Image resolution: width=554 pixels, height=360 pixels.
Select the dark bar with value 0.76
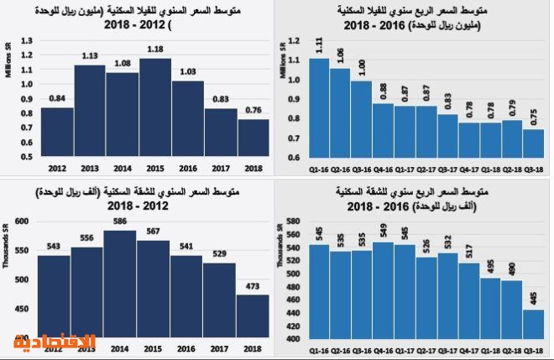click(x=253, y=138)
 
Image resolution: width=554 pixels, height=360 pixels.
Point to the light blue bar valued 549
click(x=384, y=290)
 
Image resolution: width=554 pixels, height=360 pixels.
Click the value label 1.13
click(x=89, y=56)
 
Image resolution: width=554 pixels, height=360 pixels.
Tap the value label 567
click(x=154, y=232)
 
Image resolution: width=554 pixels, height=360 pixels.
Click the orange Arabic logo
click(x=54, y=342)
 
